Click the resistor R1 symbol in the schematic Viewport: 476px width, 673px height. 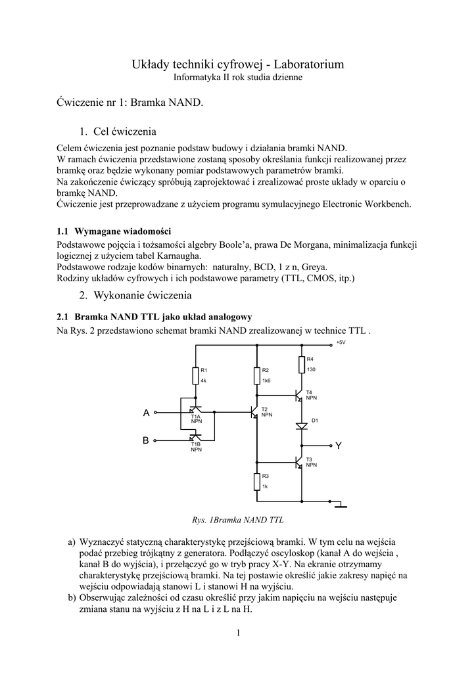(x=195, y=375)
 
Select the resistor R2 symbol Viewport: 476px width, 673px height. (x=256, y=375)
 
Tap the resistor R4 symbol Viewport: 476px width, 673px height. (x=301, y=364)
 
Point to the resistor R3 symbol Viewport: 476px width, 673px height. (x=256, y=481)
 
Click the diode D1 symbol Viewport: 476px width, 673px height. (x=301, y=426)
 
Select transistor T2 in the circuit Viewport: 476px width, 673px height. (x=254, y=413)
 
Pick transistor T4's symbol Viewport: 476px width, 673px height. (x=298, y=396)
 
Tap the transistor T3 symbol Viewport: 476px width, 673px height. (x=298, y=463)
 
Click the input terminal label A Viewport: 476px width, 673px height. (x=147, y=413)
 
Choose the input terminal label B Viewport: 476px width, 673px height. (x=146, y=441)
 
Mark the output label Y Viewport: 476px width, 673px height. (x=339, y=446)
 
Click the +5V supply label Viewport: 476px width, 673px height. (x=340, y=342)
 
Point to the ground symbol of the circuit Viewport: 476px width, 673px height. (x=340, y=506)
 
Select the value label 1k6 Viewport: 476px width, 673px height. (x=267, y=381)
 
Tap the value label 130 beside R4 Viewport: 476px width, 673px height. (x=312, y=369)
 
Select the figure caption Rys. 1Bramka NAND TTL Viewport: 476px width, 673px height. (x=237, y=520)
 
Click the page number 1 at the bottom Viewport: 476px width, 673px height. (x=238, y=633)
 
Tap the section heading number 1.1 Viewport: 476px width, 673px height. (x=63, y=231)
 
